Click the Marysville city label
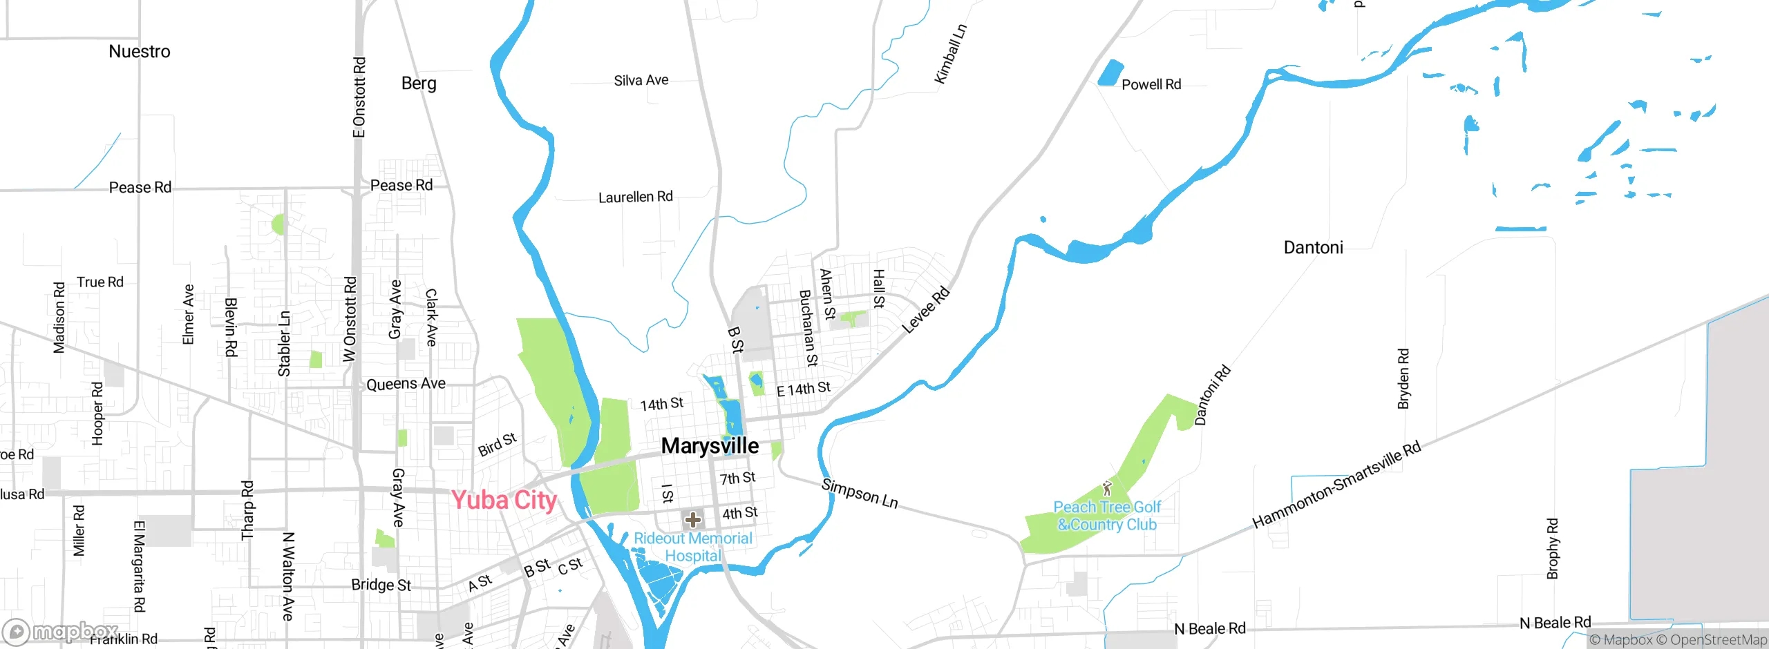710,446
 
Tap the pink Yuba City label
504,500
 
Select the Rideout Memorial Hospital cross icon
692,520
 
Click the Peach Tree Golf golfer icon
1108,489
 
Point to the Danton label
1313,248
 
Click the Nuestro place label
139,52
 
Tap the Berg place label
419,84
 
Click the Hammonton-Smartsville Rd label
1336,485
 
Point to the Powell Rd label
1151,85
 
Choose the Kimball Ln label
950,54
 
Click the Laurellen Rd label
635,197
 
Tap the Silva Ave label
641,81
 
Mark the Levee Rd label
926,310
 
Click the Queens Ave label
406,384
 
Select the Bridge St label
381,585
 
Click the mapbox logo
60,632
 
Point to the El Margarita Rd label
139,566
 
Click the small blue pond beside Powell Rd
1110,73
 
